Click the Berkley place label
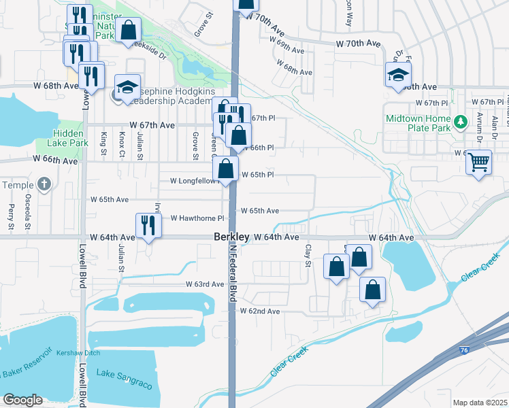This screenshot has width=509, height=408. click(231, 237)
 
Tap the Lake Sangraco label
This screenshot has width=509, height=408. click(124, 385)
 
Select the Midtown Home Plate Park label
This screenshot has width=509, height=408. click(418, 122)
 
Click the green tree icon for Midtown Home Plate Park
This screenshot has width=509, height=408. click(461, 122)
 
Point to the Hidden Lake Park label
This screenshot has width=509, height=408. click(68, 139)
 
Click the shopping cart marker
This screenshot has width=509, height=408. click(479, 163)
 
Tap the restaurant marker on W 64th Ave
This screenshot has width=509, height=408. click(148, 225)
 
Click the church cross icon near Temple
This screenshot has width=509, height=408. click(44, 184)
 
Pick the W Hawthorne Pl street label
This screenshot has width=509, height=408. click(197, 218)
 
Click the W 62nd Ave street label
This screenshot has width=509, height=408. click(259, 311)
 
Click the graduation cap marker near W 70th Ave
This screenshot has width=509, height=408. click(398, 75)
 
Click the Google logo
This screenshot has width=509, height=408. click(22, 400)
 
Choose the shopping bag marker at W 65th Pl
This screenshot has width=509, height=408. click(225, 169)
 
